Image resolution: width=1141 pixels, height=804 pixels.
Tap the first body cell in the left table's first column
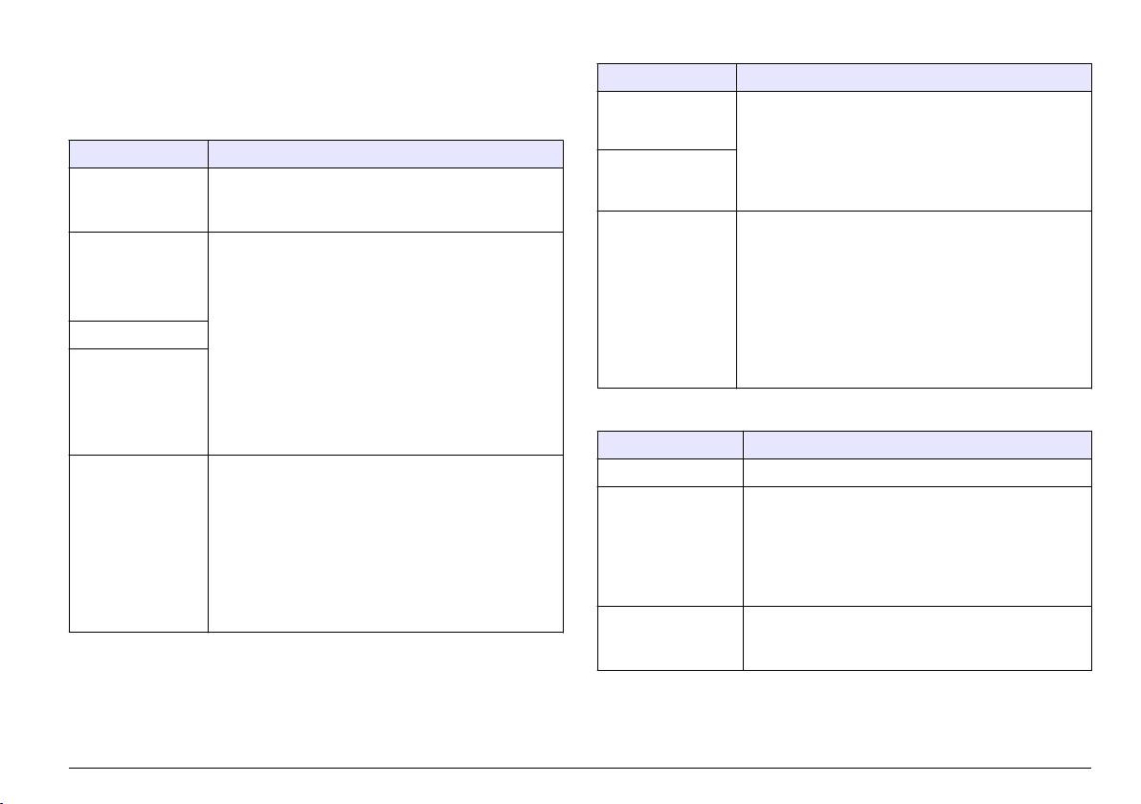click(x=139, y=201)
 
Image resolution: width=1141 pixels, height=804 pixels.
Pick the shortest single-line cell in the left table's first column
click(x=139, y=335)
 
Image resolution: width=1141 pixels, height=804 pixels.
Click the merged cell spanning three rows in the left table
click(x=385, y=342)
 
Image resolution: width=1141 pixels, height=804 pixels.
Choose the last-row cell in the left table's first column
click(x=139, y=543)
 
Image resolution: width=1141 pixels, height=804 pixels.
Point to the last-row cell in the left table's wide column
click(x=385, y=543)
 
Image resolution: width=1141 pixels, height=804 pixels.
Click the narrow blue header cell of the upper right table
click(x=667, y=78)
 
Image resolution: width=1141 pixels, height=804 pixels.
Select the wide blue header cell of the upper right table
click(x=913, y=78)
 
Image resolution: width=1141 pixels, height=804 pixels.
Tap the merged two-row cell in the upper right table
click(x=913, y=151)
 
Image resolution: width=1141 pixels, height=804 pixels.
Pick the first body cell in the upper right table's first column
click(x=667, y=121)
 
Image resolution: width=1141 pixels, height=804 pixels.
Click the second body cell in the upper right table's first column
click(x=667, y=180)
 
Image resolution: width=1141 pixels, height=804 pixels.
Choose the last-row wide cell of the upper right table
click(x=913, y=299)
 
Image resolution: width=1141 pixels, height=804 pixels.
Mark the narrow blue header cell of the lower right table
click(x=670, y=444)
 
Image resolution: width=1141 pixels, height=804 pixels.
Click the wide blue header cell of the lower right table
click(x=917, y=444)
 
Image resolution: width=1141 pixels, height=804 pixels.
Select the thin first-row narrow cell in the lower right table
click(x=670, y=473)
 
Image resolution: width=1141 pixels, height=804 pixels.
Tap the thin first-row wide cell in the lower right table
click(x=917, y=473)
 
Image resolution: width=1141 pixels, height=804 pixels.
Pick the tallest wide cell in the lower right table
click(x=917, y=547)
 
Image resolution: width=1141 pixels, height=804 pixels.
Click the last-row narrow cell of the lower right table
click(x=670, y=637)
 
